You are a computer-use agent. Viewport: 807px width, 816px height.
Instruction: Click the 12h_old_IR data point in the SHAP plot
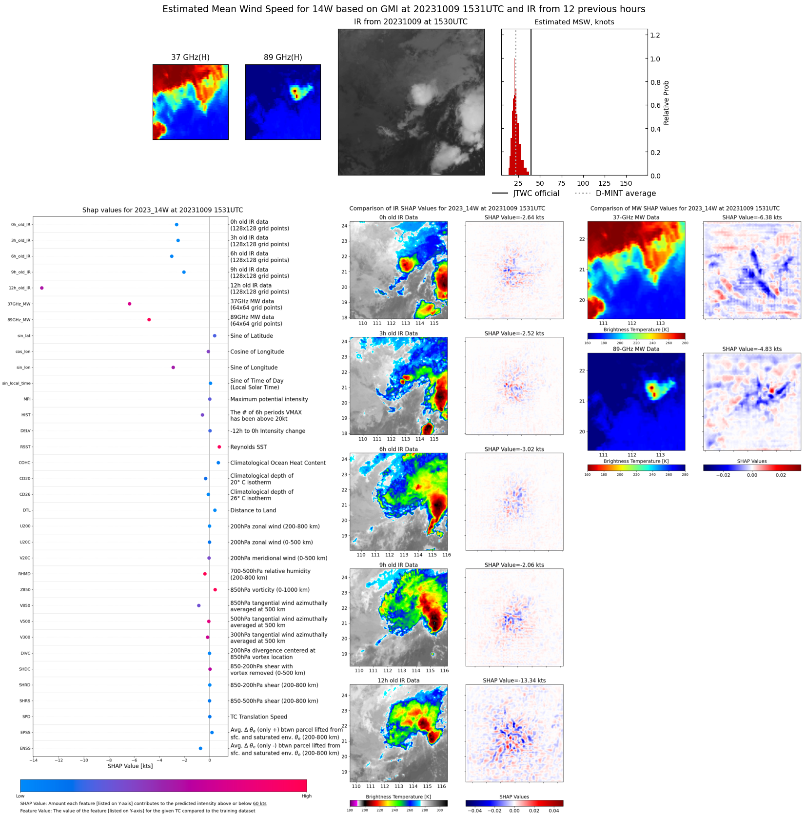42,288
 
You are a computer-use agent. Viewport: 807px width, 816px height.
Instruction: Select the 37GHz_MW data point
129,304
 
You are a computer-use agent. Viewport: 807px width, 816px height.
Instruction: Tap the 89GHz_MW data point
149,320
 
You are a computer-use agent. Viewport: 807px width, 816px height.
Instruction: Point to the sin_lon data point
173,368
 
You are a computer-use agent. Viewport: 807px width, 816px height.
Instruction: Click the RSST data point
219,447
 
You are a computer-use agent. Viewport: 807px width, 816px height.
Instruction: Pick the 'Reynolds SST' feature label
248,447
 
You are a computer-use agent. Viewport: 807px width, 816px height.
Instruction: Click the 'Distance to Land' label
253,510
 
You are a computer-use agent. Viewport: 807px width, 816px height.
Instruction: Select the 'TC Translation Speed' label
258,717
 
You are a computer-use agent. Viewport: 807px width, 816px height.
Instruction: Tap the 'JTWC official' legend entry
536,194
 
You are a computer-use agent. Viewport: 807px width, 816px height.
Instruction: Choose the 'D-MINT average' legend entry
626,194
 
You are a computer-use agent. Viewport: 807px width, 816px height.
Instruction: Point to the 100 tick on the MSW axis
583,184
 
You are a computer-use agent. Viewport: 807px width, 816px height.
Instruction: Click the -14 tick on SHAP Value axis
33,760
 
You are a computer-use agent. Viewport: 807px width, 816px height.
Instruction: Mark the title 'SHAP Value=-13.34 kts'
514,680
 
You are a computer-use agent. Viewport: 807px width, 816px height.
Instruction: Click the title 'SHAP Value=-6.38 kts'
751,217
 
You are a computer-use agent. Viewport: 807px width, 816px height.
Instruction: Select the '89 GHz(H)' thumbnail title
283,58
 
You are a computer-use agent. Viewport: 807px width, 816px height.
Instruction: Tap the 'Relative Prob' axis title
666,103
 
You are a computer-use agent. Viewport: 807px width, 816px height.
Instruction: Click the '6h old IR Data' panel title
398,449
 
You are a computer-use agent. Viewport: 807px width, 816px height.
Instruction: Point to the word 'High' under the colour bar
306,796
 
